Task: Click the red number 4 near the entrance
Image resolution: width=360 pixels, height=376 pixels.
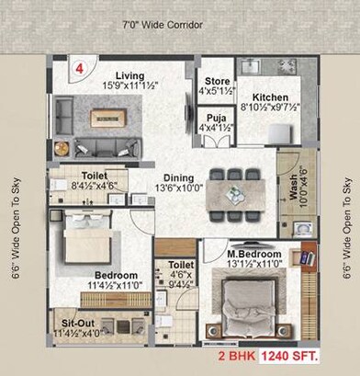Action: (x=81, y=68)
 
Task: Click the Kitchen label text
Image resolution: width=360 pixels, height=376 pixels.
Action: (x=272, y=97)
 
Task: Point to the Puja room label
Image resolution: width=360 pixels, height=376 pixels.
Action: (x=217, y=118)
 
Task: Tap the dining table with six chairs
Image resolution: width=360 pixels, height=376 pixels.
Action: (x=237, y=194)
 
